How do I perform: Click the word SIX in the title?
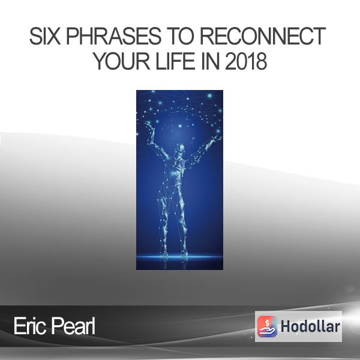45,36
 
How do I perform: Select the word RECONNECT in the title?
263,36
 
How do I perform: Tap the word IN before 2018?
210,61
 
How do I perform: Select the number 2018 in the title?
246,61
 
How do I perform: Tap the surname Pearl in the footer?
73,326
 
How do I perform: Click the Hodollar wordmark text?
310,326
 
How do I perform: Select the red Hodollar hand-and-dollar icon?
267,326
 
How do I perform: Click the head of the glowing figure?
181,149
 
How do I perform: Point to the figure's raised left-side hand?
148,125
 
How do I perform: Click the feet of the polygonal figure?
174,254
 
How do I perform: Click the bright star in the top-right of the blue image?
209,95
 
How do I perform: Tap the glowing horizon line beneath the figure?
179,257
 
